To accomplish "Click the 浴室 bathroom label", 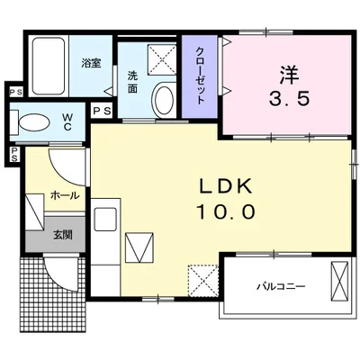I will [x=91, y=63].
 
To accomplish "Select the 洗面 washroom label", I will [x=131, y=82].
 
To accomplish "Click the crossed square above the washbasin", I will [x=162, y=61].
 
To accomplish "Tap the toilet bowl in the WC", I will [x=34, y=122].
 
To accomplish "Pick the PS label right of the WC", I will [x=102, y=111].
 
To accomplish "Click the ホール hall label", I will [x=64, y=194].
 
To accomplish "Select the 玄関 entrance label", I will [x=62, y=235].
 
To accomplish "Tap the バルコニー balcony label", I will [x=281, y=286].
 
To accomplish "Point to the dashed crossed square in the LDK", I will [x=202, y=278].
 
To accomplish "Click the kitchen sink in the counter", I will [x=104, y=220].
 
